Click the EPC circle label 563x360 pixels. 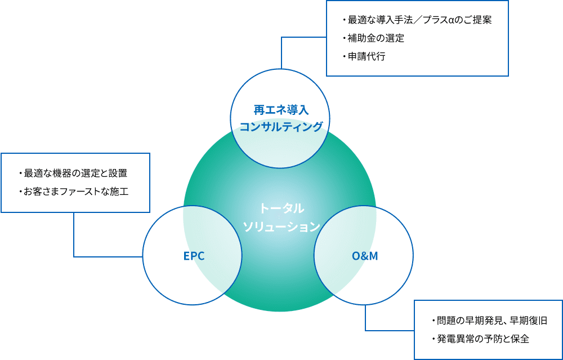[194, 256]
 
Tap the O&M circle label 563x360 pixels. [364, 256]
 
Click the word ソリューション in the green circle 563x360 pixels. [281, 226]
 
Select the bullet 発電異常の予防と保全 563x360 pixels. [482, 339]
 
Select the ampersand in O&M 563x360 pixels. [364, 256]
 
